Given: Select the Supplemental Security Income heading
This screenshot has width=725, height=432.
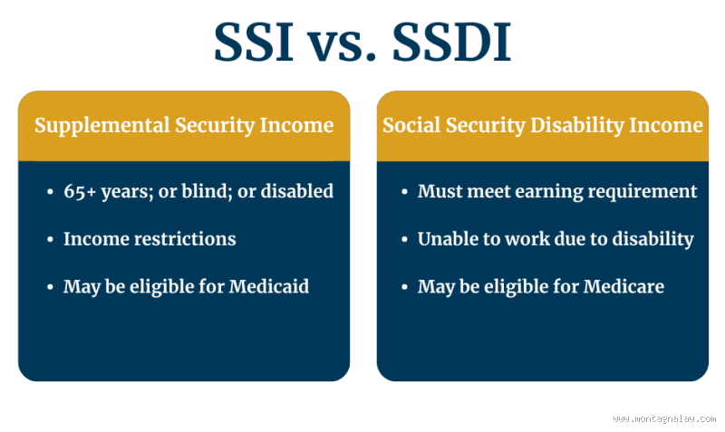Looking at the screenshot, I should tap(184, 125).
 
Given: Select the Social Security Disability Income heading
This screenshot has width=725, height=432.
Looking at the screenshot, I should tap(542, 125).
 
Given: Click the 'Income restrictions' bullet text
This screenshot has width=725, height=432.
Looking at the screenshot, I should tap(150, 239).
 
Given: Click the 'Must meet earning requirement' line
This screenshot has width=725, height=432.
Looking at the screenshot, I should tap(556, 191).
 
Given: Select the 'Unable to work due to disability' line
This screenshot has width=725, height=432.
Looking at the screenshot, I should tap(555, 239).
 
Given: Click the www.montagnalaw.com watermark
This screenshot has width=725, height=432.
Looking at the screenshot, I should tap(662, 418).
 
